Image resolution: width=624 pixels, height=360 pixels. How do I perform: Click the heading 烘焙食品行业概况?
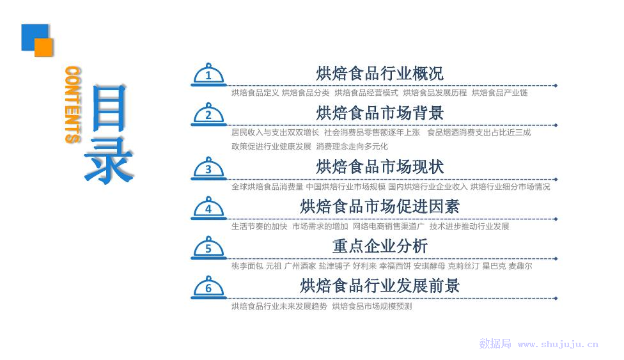point(380,74)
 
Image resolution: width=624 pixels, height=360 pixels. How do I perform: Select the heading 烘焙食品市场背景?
point(380,113)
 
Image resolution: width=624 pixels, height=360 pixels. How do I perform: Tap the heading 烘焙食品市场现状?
point(380,167)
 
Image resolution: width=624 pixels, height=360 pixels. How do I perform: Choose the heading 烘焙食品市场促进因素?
point(380,207)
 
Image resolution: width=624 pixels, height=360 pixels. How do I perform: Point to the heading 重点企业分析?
point(380,246)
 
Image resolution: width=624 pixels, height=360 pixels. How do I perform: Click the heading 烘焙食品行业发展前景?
point(380,286)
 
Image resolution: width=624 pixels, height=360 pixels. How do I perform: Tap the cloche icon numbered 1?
point(208,75)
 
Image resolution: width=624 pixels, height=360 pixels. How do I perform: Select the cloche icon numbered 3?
point(208,169)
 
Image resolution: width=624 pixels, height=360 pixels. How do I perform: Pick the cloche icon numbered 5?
point(208,248)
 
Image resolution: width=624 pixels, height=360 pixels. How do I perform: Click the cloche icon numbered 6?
point(208,288)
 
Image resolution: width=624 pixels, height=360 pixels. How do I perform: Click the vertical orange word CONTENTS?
point(72,105)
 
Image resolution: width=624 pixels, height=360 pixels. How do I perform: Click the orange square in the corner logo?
point(43,47)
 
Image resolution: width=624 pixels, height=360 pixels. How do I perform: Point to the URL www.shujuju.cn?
point(558,345)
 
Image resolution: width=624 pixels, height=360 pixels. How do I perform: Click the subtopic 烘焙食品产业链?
point(499,93)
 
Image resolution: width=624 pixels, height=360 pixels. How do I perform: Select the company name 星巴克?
point(492,266)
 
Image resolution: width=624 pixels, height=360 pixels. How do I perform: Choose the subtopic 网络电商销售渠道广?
point(388,226)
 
